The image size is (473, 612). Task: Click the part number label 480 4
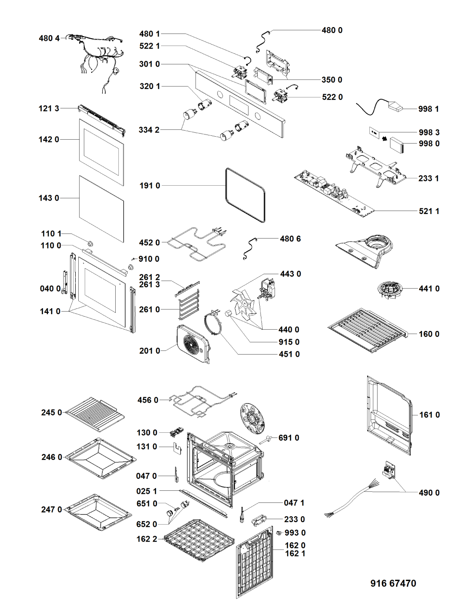(x=49, y=38)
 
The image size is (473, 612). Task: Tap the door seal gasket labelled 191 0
(x=245, y=195)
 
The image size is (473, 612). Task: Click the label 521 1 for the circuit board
(x=429, y=211)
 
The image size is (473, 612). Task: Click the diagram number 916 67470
(x=393, y=583)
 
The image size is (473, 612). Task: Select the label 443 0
(x=290, y=274)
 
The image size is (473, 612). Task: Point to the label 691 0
(x=289, y=438)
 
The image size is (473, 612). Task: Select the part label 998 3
(x=429, y=132)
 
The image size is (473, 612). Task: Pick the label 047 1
(x=294, y=502)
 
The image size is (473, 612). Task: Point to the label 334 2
(x=149, y=130)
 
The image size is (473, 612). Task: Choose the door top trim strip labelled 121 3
(x=101, y=117)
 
